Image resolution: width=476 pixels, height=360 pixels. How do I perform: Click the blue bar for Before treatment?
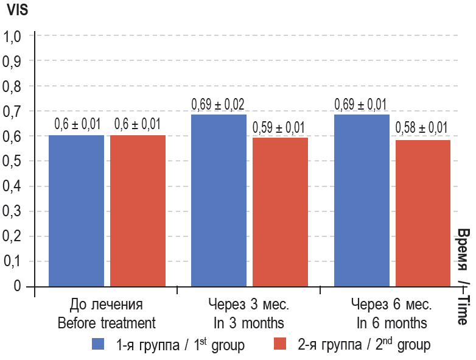[x=76, y=210]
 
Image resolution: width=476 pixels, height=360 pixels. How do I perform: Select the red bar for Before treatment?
[x=138, y=210]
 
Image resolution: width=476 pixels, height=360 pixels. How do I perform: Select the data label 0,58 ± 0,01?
[x=422, y=129]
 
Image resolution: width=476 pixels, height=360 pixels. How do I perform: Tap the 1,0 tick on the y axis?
[x=13, y=37]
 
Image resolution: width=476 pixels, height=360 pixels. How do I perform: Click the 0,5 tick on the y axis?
[x=13, y=161]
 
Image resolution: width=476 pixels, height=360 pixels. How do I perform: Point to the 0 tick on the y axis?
[x=16, y=286]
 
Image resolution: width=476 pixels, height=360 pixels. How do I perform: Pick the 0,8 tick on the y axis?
[x=13, y=86]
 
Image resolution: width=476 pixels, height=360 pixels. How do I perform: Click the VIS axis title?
[x=17, y=10]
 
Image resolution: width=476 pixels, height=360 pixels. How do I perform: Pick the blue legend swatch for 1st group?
[x=99, y=344]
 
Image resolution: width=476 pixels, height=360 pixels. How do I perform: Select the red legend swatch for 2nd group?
[x=280, y=344]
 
